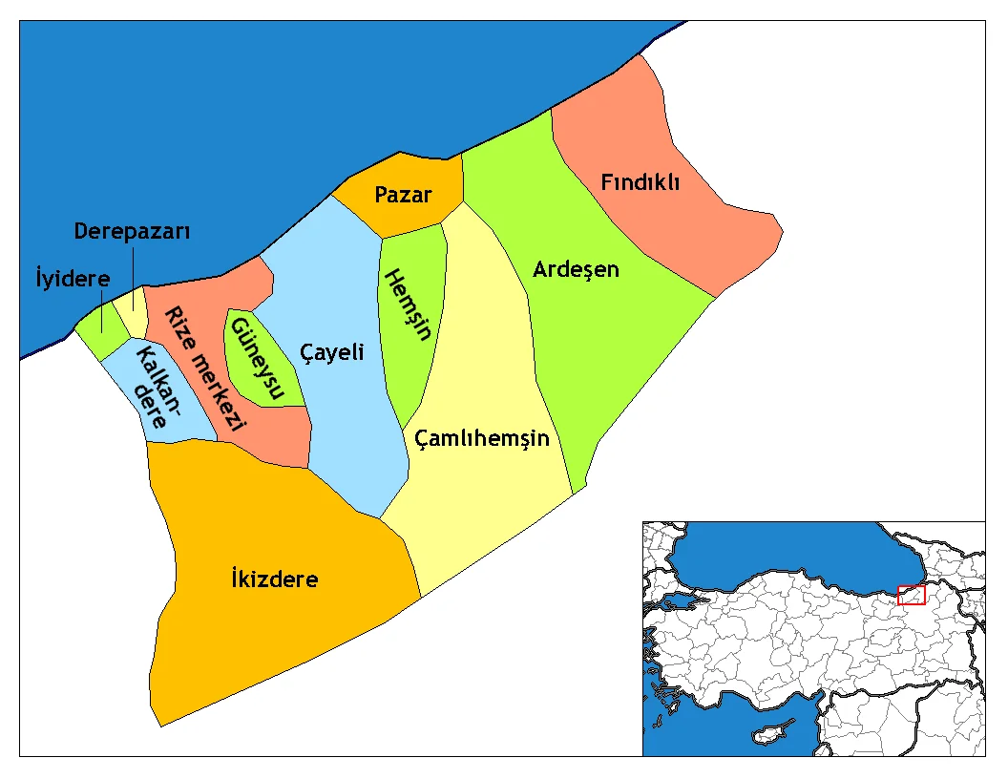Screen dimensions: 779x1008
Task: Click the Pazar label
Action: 403,196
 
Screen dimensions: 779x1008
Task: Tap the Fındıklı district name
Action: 640,181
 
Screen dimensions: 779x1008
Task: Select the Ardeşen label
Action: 576,269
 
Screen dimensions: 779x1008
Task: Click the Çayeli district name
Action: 332,352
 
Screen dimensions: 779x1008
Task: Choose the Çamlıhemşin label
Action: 482,438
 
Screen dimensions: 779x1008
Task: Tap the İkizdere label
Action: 275,579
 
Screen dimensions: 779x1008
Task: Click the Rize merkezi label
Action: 203,368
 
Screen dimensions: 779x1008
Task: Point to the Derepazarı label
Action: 133,232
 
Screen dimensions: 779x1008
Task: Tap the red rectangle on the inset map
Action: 912,595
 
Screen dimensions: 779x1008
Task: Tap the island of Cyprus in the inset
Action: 768,736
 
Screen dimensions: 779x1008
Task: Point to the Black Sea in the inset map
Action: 783,549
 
